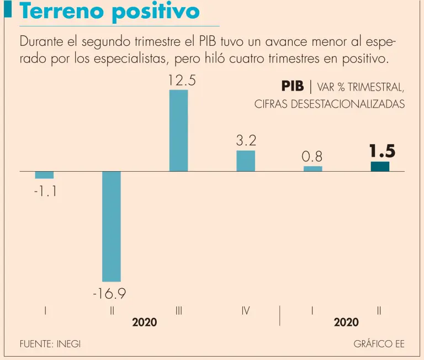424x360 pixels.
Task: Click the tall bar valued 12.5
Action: pyautogui.click(x=178, y=130)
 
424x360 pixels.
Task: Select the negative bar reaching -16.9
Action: pyautogui.click(x=111, y=226)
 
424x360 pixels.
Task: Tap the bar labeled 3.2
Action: pyautogui.click(x=246, y=161)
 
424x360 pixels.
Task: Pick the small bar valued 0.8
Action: pyautogui.click(x=312, y=168)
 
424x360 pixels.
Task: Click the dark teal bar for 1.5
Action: pyautogui.click(x=380, y=166)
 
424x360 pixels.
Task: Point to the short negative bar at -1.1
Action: pyautogui.click(x=44, y=175)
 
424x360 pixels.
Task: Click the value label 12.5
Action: pyautogui.click(x=182, y=81)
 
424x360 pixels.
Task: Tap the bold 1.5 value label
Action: pyautogui.click(x=382, y=151)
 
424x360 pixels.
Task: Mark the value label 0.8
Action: pyautogui.click(x=312, y=157)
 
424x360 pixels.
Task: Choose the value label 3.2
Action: pyautogui.click(x=246, y=141)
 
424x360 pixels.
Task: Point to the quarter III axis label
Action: pyautogui.click(x=178, y=311)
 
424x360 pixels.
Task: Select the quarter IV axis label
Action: pyautogui.click(x=246, y=311)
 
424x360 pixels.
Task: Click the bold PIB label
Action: pyautogui.click(x=292, y=87)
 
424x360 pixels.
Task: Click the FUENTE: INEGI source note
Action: pyautogui.click(x=50, y=343)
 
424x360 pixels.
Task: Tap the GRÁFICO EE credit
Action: pyautogui.click(x=379, y=343)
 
